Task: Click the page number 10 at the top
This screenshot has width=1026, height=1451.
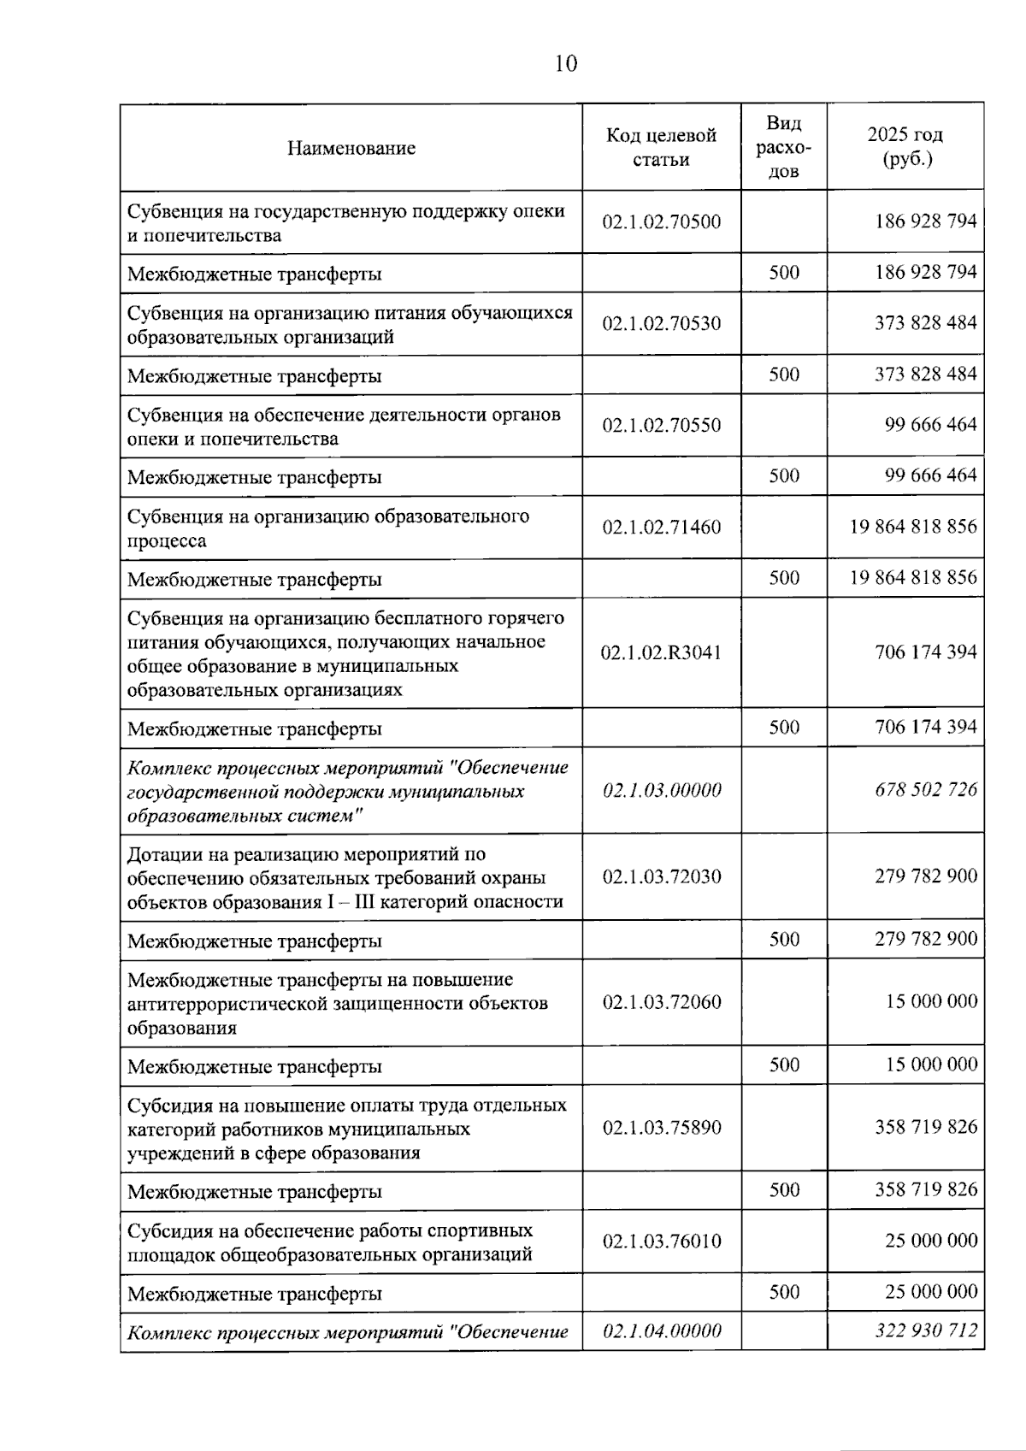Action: click(566, 64)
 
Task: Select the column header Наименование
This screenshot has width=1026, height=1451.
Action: click(351, 148)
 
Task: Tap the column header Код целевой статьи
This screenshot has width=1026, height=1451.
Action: click(661, 147)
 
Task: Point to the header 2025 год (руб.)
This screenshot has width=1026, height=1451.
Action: click(905, 146)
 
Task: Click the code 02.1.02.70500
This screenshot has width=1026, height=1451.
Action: click(661, 222)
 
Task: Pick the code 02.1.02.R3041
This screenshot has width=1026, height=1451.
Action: click(661, 652)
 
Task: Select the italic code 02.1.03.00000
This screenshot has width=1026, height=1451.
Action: click(662, 790)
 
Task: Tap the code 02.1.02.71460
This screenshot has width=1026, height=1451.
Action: click(661, 527)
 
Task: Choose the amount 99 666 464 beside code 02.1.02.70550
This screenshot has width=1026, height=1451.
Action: click(930, 425)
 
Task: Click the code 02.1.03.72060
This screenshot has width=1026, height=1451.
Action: click(661, 1002)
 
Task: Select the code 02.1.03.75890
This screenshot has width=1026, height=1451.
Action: click(661, 1128)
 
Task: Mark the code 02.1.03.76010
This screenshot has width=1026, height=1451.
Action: click(661, 1242)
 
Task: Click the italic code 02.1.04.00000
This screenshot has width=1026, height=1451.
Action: click(662, 1331)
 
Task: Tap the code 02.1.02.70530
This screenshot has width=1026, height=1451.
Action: click(661, 323)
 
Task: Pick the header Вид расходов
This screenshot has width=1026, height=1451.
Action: click(783, 147)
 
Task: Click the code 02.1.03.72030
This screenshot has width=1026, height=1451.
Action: click(661, 876)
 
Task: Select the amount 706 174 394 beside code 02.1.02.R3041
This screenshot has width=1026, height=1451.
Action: click(925, 652)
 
